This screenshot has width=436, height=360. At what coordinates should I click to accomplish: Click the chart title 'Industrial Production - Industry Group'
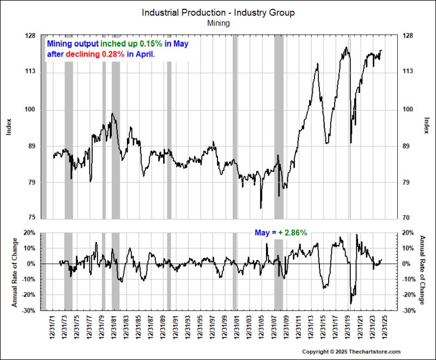click(x=218, y=13)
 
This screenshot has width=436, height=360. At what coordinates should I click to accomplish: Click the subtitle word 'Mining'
click(x=218, y=23)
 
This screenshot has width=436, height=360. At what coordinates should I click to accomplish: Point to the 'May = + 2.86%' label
click(x=281, y=233)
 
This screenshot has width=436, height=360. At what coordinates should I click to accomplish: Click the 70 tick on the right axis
click(x=405, y=218)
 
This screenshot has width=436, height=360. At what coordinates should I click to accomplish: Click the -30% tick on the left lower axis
click(x=29, y=310)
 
